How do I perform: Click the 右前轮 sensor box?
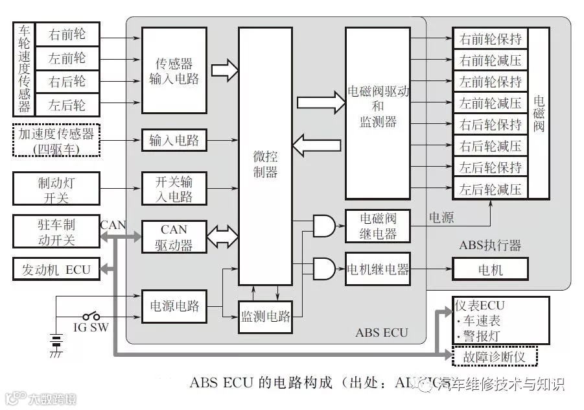(67, 34)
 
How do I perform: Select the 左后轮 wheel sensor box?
(67, 104)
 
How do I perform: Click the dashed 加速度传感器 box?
(56, 140)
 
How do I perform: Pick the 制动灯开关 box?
(56, 187)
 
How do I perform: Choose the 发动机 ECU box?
(56, 269)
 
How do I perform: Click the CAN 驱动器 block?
(174, 237)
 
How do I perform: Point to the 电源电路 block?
(174, 305)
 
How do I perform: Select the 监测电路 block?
(266, 317)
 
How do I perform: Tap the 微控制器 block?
(265, 156)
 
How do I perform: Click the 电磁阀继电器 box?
(378, 226)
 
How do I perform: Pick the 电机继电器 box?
(378, 269)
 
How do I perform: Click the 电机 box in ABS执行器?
(490, 269)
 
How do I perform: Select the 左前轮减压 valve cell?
(491, 103)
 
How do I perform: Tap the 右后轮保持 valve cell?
(491, 125)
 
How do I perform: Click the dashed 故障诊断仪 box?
(495, 356)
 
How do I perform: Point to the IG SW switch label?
(90, 328)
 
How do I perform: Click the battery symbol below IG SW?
(56, 342)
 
